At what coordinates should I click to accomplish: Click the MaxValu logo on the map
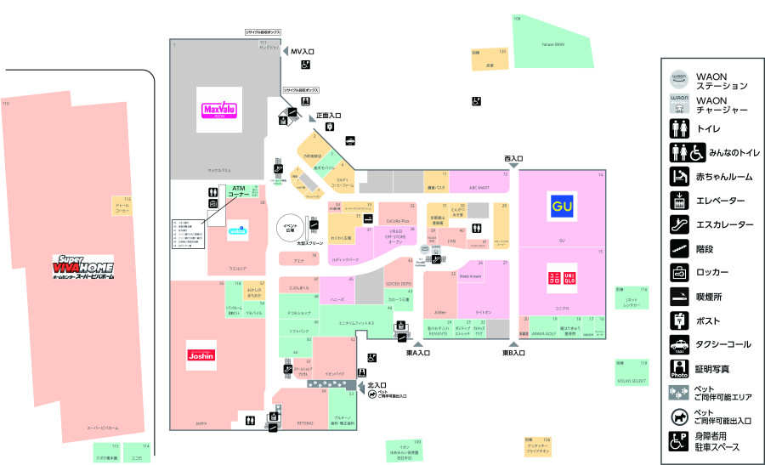pos(218,109)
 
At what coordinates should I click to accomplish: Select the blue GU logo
pos(560,206)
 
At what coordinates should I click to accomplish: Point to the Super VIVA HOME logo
pos(83,266)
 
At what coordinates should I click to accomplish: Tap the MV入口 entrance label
pos(303,52)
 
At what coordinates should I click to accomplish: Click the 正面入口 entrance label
pos(328,116)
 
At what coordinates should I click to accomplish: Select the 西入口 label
pos(513,159)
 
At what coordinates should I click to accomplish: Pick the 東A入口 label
pos(418,353)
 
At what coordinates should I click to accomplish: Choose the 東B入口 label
pos(514,353)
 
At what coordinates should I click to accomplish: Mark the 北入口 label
pos(377,385)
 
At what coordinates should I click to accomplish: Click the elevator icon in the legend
pos(678,201)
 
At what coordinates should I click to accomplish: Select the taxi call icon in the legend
pos(678,345)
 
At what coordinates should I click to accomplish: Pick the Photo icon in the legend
pos(678,369)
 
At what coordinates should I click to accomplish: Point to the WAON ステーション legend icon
pos(678,80)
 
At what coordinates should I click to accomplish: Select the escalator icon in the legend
pos(678,224)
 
